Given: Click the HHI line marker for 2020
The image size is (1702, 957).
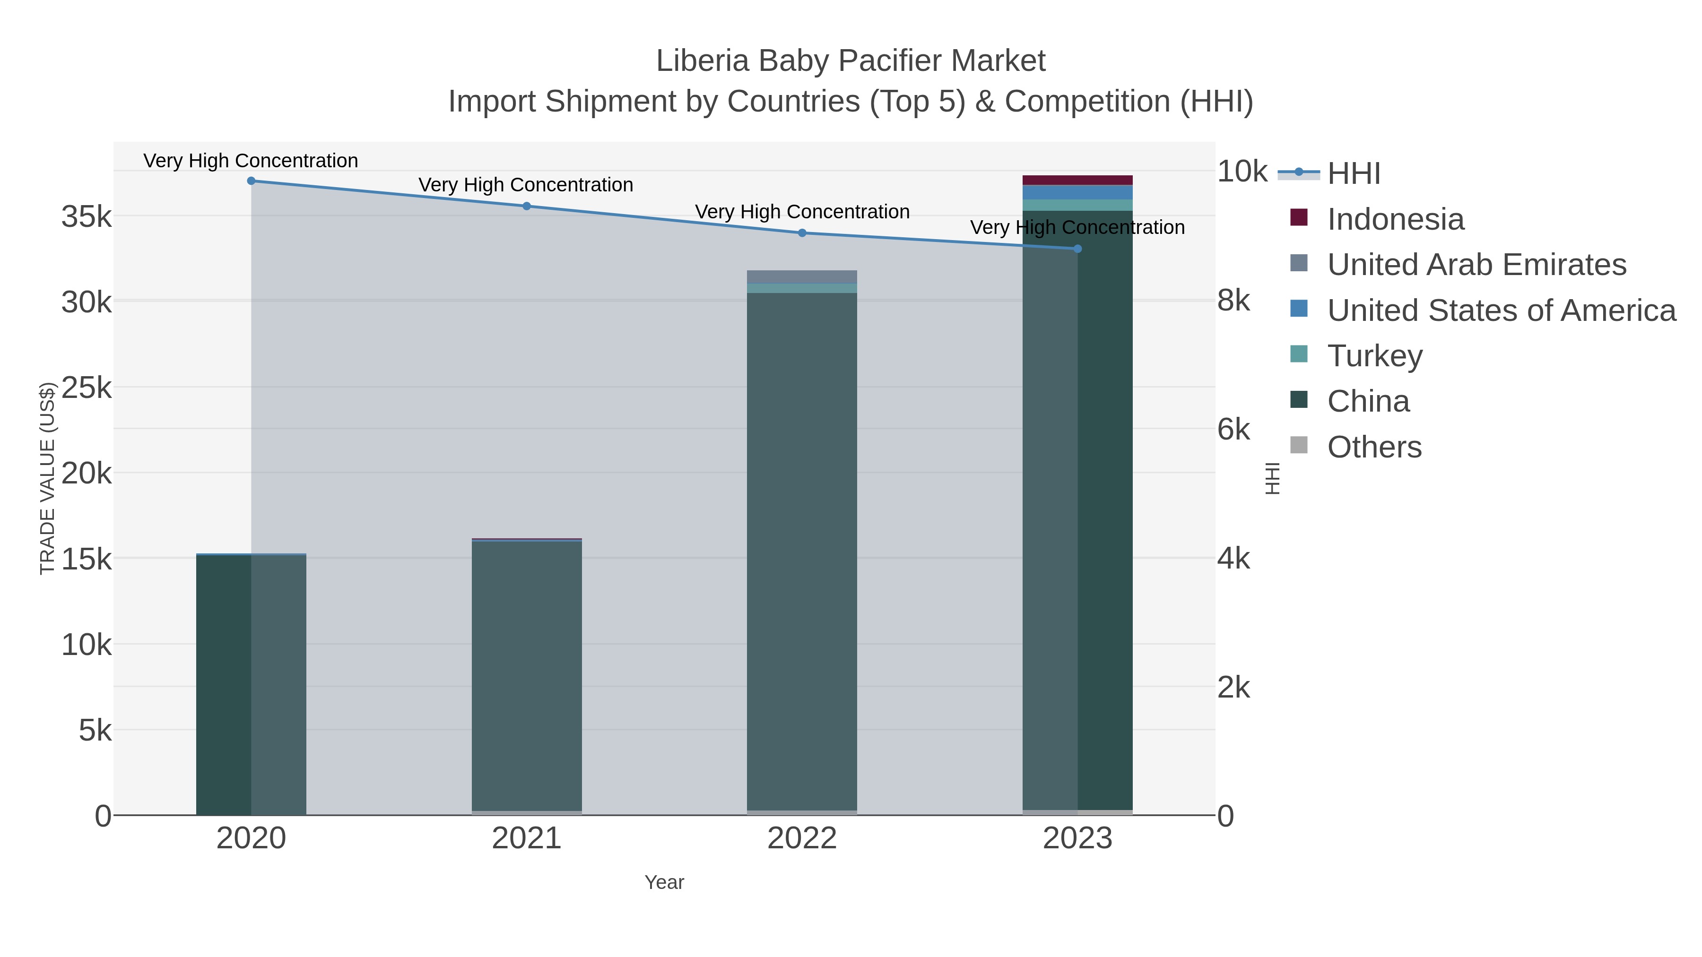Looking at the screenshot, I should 251,181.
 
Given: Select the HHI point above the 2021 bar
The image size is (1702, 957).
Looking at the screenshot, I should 527,206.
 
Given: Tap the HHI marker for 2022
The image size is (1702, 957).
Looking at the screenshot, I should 802,233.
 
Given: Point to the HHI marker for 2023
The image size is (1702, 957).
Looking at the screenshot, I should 1077,249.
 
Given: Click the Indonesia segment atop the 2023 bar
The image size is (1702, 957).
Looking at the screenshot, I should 1077,181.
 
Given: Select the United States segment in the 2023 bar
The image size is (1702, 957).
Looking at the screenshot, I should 1077,192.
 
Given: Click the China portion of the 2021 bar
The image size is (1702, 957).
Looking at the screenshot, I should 527,673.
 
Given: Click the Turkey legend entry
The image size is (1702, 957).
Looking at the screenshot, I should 1374,356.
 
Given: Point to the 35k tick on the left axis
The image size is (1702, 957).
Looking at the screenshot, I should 87,216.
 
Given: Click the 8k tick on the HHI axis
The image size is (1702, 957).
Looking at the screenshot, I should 1233,301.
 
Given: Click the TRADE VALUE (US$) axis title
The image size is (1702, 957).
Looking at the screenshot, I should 48,478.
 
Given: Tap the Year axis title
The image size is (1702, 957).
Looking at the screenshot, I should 664,882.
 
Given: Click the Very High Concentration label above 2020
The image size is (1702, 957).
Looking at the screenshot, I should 251,161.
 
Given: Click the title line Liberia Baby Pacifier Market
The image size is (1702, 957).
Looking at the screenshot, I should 851,61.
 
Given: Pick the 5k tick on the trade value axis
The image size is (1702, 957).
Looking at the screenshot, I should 95,731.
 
